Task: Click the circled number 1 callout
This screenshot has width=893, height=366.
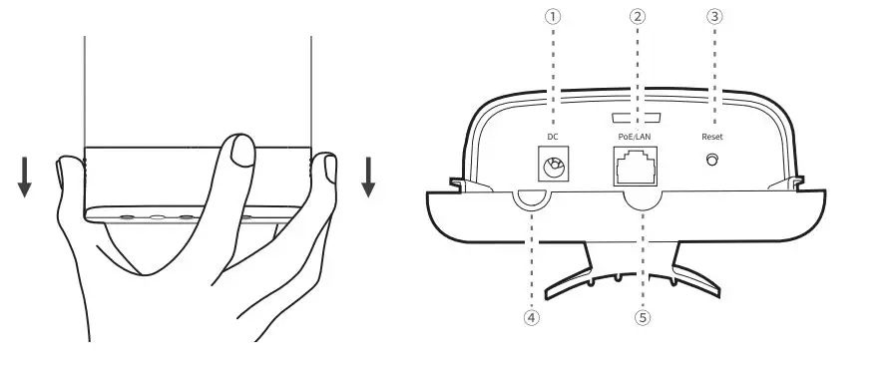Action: pos(553,17)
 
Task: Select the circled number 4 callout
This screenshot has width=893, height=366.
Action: pos(532,318)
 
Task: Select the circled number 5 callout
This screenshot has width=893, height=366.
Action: pos(643,318)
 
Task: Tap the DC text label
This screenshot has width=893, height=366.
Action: pos(552,136)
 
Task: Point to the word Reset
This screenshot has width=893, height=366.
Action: pos(712,136)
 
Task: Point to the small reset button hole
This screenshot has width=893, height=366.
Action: pos(712,161)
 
